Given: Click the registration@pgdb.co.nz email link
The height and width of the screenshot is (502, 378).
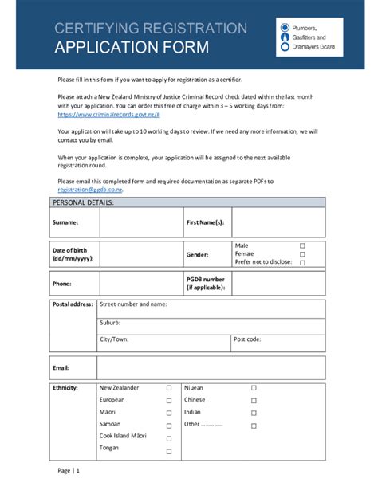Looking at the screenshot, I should click(x=90, y=190).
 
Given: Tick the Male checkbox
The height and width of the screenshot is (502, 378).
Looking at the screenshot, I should click(x=302, y=245).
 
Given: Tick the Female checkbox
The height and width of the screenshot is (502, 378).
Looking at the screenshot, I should click(x=302, y=254).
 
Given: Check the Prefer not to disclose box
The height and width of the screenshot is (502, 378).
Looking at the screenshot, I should click(x=302, y=262).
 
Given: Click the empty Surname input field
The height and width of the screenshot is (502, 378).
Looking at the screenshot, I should click(x=140, y=222).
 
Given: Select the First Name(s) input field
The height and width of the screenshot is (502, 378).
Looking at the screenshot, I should click(x=278, y=222).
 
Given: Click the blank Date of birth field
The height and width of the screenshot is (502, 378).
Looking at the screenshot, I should click(x=140, y=254).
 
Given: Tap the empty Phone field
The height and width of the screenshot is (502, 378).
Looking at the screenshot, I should click(x=140, y=283).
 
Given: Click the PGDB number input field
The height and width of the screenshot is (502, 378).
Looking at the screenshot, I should click(x=278, y=283).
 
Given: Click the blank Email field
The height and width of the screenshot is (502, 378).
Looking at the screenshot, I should click(x=211, y=367).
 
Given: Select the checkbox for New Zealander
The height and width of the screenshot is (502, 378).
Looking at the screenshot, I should click(x=169, y=388).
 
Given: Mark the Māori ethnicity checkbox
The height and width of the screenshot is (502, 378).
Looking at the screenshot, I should click(x=169, y=414).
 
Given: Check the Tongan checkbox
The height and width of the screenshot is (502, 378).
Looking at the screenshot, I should click(x=169, y=451).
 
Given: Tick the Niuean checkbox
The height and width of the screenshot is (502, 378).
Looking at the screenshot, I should click(x=254, y=388).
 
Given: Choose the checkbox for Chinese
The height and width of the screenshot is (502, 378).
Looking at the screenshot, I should click(x=254, y=400).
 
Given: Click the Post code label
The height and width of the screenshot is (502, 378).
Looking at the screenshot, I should click(x=246, y=339).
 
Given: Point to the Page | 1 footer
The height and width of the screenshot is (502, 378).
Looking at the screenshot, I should click(x=69, y=471).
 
